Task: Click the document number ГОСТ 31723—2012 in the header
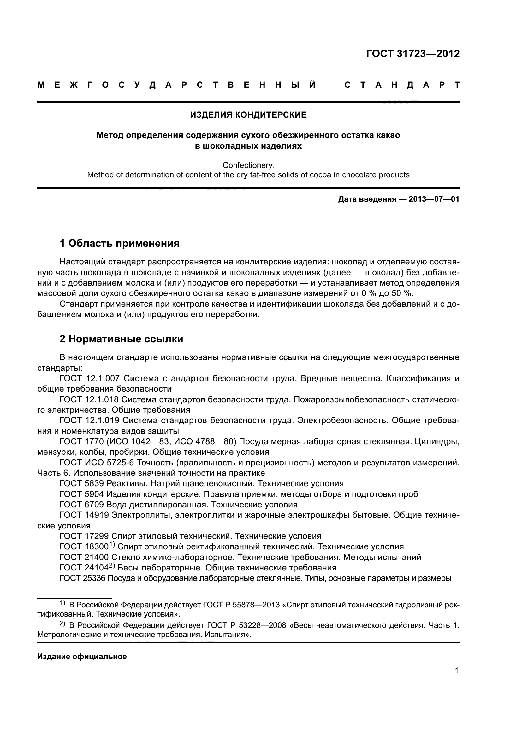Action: [413, 54]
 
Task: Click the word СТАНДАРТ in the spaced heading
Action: [402, 85]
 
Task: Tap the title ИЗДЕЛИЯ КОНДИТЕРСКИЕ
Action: [248, 115]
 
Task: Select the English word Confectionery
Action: [248, 165]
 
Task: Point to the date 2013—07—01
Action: [434, 199]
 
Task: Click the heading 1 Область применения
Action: [119, 243]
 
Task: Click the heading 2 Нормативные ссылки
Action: [121, 339]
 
